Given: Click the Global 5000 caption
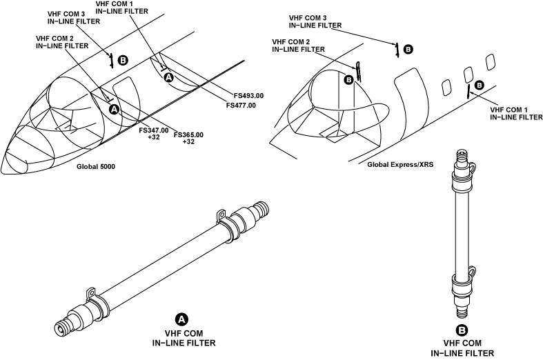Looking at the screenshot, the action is pos(96,166).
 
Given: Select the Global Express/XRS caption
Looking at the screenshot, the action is pos(400,164).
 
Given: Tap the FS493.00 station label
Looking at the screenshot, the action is pos(248,96).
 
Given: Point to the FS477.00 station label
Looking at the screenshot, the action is pos(241,106).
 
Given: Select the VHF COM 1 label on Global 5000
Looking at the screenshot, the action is pos(122,8).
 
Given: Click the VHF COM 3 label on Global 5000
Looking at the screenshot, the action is pos(74,18).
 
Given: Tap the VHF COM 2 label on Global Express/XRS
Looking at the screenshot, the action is pos(299,46).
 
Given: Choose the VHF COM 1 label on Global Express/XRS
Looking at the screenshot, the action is pos(516,114).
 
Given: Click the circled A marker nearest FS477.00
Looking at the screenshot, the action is pos(168,77).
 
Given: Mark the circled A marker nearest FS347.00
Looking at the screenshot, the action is pos(115,110).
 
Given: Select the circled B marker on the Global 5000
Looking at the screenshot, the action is pos(123,60).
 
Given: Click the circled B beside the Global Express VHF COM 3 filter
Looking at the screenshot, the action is pos(408,50).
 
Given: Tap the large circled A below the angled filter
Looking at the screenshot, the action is pos(182,319).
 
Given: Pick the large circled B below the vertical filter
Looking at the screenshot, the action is pos(462,330).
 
